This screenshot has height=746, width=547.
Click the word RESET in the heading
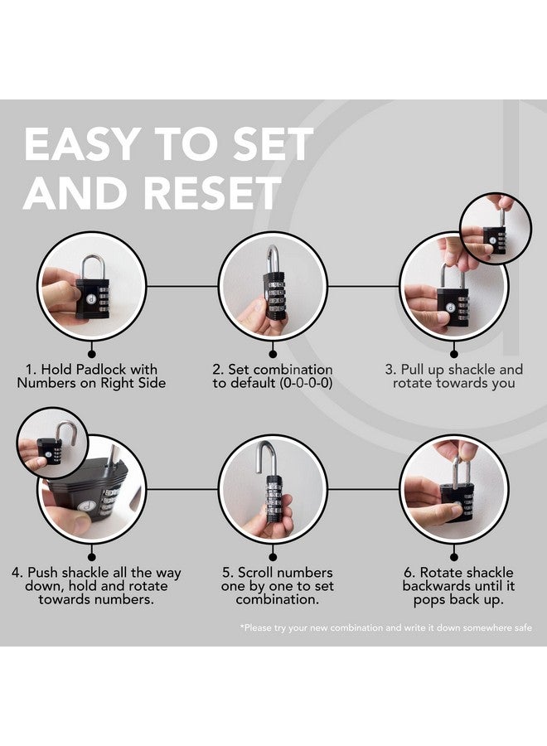[213, 192]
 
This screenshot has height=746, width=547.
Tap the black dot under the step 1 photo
[92, 353]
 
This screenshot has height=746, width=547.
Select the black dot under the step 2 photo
[273, 353]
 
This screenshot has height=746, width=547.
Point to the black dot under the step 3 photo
[454, 353]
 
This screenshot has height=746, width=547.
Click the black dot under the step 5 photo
[273, 557]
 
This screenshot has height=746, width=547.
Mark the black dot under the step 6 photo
[454, 557]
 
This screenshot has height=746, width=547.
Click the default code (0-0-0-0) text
[306, 383]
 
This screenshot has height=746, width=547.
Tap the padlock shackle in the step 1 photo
[93, 266]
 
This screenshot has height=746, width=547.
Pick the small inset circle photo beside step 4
[52, 443]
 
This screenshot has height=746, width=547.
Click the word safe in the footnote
[522, 627]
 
